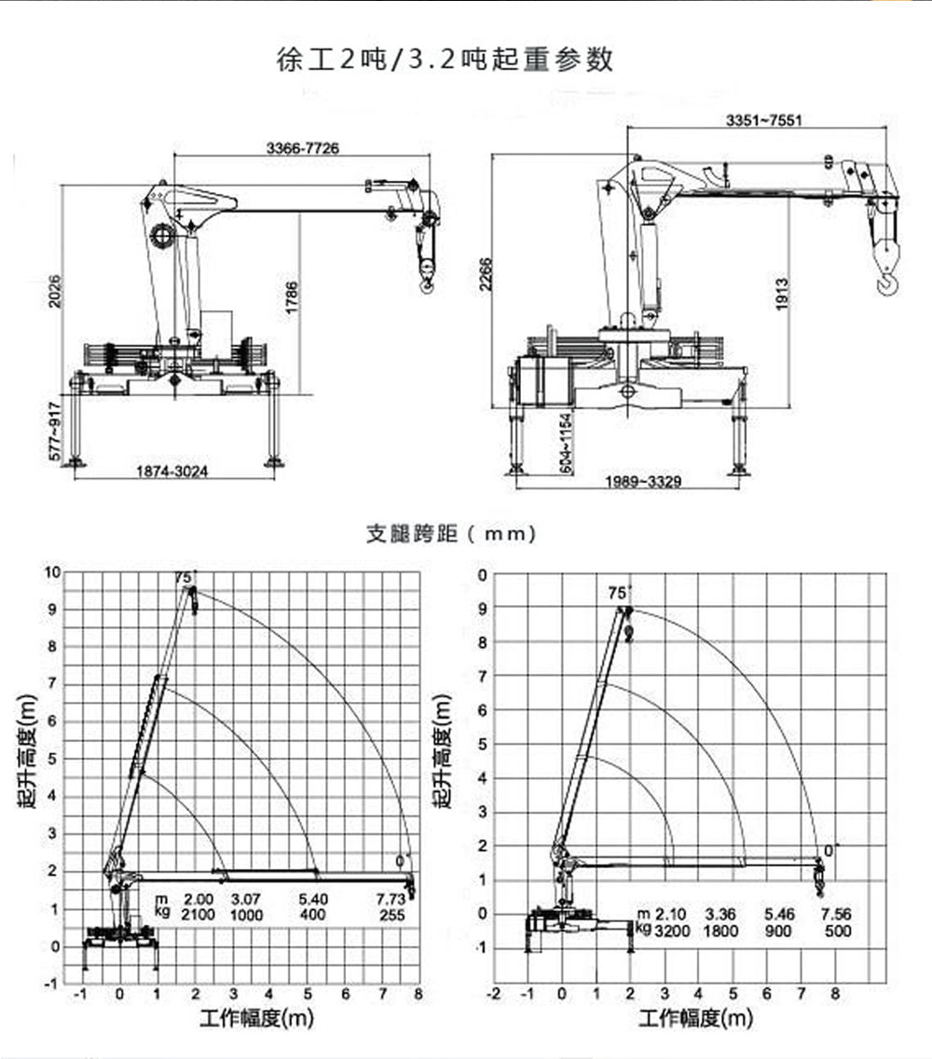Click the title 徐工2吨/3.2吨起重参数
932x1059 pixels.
pos(445,60)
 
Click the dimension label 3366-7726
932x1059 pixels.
pos(302,147)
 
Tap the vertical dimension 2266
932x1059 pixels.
pos(485,275)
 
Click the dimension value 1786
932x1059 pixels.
pos(292,298)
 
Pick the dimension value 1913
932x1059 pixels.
pos(782,295)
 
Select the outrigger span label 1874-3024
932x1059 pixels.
pos(172,472)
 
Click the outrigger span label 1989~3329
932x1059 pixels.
pos(644,482)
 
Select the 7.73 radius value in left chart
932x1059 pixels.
pos(391,900)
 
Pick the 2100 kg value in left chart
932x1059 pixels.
pos(199,915)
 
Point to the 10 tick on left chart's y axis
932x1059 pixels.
pos(52,571)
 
